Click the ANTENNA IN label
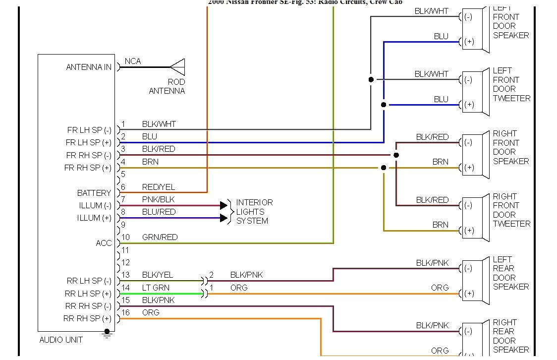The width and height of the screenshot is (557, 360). [x=89, y=67]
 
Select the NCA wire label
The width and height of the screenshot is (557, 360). [x=133, y=61]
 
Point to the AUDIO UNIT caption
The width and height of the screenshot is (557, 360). [x=61, y=340]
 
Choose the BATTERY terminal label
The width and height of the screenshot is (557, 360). [x=94, y=193]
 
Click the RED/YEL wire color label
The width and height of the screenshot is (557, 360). [x=159, y=187]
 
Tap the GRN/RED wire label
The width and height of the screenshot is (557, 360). [x=160, y=237]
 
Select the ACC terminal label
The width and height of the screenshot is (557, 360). [x=104, y=243]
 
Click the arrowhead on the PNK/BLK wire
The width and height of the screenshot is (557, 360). [x=223, y=205]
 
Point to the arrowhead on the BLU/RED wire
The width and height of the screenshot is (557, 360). [x=223, y=218]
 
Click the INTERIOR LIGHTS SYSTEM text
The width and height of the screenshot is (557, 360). [x=254, y=212]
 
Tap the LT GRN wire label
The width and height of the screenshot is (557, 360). [x=156, y=288]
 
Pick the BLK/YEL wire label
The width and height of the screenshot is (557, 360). [x=158, y=275]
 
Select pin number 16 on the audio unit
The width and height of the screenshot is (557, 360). [x=126, y=312]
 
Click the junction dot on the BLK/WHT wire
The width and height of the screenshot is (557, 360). [x=371, y=79]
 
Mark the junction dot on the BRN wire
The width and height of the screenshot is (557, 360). [x=384, y=168]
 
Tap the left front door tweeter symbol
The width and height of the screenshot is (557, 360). [x=475, y=92]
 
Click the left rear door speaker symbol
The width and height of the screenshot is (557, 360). [x=475, y=281]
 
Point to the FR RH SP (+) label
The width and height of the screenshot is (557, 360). [x=88, y=168]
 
